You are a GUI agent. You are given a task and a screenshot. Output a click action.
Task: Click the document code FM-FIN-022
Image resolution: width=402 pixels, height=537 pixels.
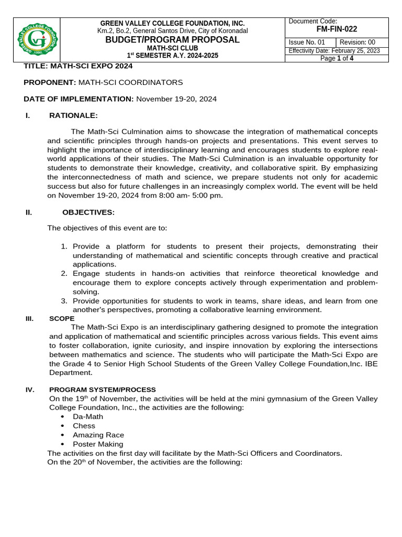(x=337, y=29)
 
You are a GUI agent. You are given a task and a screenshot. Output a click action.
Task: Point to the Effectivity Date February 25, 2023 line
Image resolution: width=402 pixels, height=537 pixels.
(x=338, y=51)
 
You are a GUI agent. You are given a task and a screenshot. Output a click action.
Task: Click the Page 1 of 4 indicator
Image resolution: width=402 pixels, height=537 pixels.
(x=338, y=58)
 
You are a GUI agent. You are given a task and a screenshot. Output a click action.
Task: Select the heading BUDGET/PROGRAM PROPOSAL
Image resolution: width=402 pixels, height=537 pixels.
(x=172, y=40)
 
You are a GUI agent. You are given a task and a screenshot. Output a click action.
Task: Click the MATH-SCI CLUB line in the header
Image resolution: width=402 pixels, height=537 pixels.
(x=172, y=48)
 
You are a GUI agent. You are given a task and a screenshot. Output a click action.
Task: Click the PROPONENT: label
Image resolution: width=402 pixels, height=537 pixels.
(x=50, y=82)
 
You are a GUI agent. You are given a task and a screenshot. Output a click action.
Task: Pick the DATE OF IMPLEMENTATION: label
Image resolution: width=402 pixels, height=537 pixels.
(x=79, y=99)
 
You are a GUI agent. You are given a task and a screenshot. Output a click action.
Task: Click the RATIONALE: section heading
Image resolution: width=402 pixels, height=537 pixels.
(x=73, y=115)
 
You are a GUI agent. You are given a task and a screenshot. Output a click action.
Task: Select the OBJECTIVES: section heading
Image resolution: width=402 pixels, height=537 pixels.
(x=88, y=212)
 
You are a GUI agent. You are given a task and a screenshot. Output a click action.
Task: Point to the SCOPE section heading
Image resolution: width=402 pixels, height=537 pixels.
(x=62, y=318)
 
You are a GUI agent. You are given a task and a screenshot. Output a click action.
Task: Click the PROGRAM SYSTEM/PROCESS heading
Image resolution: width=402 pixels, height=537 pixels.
(x=102, y=390)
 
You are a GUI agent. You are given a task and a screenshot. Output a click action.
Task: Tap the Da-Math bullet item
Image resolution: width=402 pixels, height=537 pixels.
(x=87, y=416)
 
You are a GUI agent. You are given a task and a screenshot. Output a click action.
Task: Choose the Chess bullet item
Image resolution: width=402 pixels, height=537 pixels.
(x=84, y=426)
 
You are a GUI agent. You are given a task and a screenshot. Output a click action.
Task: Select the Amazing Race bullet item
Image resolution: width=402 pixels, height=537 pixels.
(x=98, y=435)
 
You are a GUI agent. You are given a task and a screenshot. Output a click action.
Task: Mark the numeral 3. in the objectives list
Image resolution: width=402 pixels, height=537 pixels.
(x=64, y=300)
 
